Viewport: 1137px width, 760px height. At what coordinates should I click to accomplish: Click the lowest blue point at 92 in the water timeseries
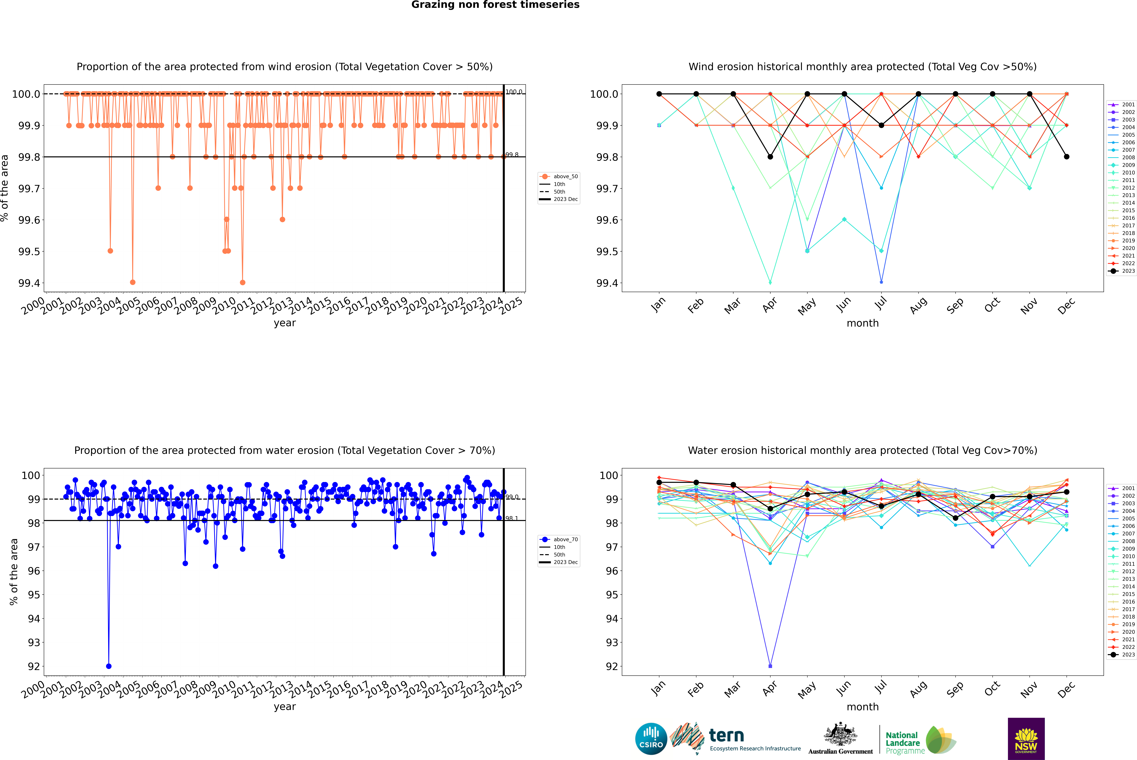[109, 666]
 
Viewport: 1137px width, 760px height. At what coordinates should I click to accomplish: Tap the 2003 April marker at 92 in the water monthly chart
[770, 666]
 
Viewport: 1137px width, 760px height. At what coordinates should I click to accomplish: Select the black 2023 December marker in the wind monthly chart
[1066, 156]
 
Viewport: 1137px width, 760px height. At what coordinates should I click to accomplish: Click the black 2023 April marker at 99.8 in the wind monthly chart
[770, 156]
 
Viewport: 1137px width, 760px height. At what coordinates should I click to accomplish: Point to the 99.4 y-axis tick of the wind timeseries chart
[29, 283]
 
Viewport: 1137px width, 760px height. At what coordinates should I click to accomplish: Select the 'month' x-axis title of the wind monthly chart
[862, 323]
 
